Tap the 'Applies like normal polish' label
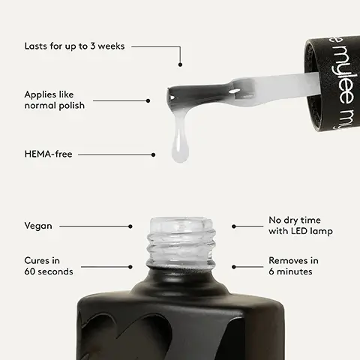[x=54, y=100]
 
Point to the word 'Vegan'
[x=38, y=226]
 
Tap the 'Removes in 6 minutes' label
[x=293, y=265]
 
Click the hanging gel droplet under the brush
[x=180, y=146]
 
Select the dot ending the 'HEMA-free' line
[x=154, y=155]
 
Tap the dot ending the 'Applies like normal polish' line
[x=148, y=100]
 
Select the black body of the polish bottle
[x=180, y=322]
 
